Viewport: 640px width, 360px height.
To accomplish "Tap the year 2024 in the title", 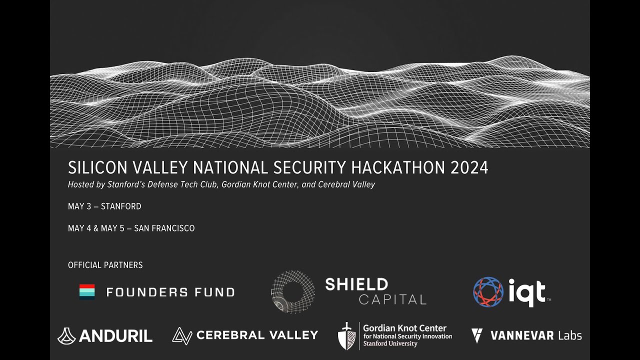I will tap(469, 167).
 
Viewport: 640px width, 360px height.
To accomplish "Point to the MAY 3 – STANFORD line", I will tap(104, 206).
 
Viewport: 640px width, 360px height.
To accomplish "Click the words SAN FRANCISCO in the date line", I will tap(164, 228).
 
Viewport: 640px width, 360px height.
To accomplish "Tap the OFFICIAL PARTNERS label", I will tap(105, 265).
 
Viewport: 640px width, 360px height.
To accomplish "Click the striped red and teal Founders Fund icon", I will tap(87, 291).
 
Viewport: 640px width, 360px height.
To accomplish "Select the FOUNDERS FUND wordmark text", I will tap(170, 292).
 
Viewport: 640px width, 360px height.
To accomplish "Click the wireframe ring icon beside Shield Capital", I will tap(293, 292).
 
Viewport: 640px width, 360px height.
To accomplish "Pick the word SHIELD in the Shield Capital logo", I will tap(356, 284).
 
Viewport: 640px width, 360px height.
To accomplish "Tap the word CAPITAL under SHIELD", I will tap(392, 300).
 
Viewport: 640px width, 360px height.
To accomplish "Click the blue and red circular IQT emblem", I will tap(488, 292).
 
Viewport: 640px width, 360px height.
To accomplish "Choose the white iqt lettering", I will tap(527, 292).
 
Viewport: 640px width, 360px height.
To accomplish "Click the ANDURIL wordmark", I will tap(115, 336).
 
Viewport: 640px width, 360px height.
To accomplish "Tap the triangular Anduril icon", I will tap(66, 336).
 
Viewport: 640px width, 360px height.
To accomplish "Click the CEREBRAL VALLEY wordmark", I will tap(257, 335).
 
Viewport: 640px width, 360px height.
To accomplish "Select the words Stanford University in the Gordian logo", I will tap(390, 344).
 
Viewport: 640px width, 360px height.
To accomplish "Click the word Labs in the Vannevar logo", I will tap(569, 335).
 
